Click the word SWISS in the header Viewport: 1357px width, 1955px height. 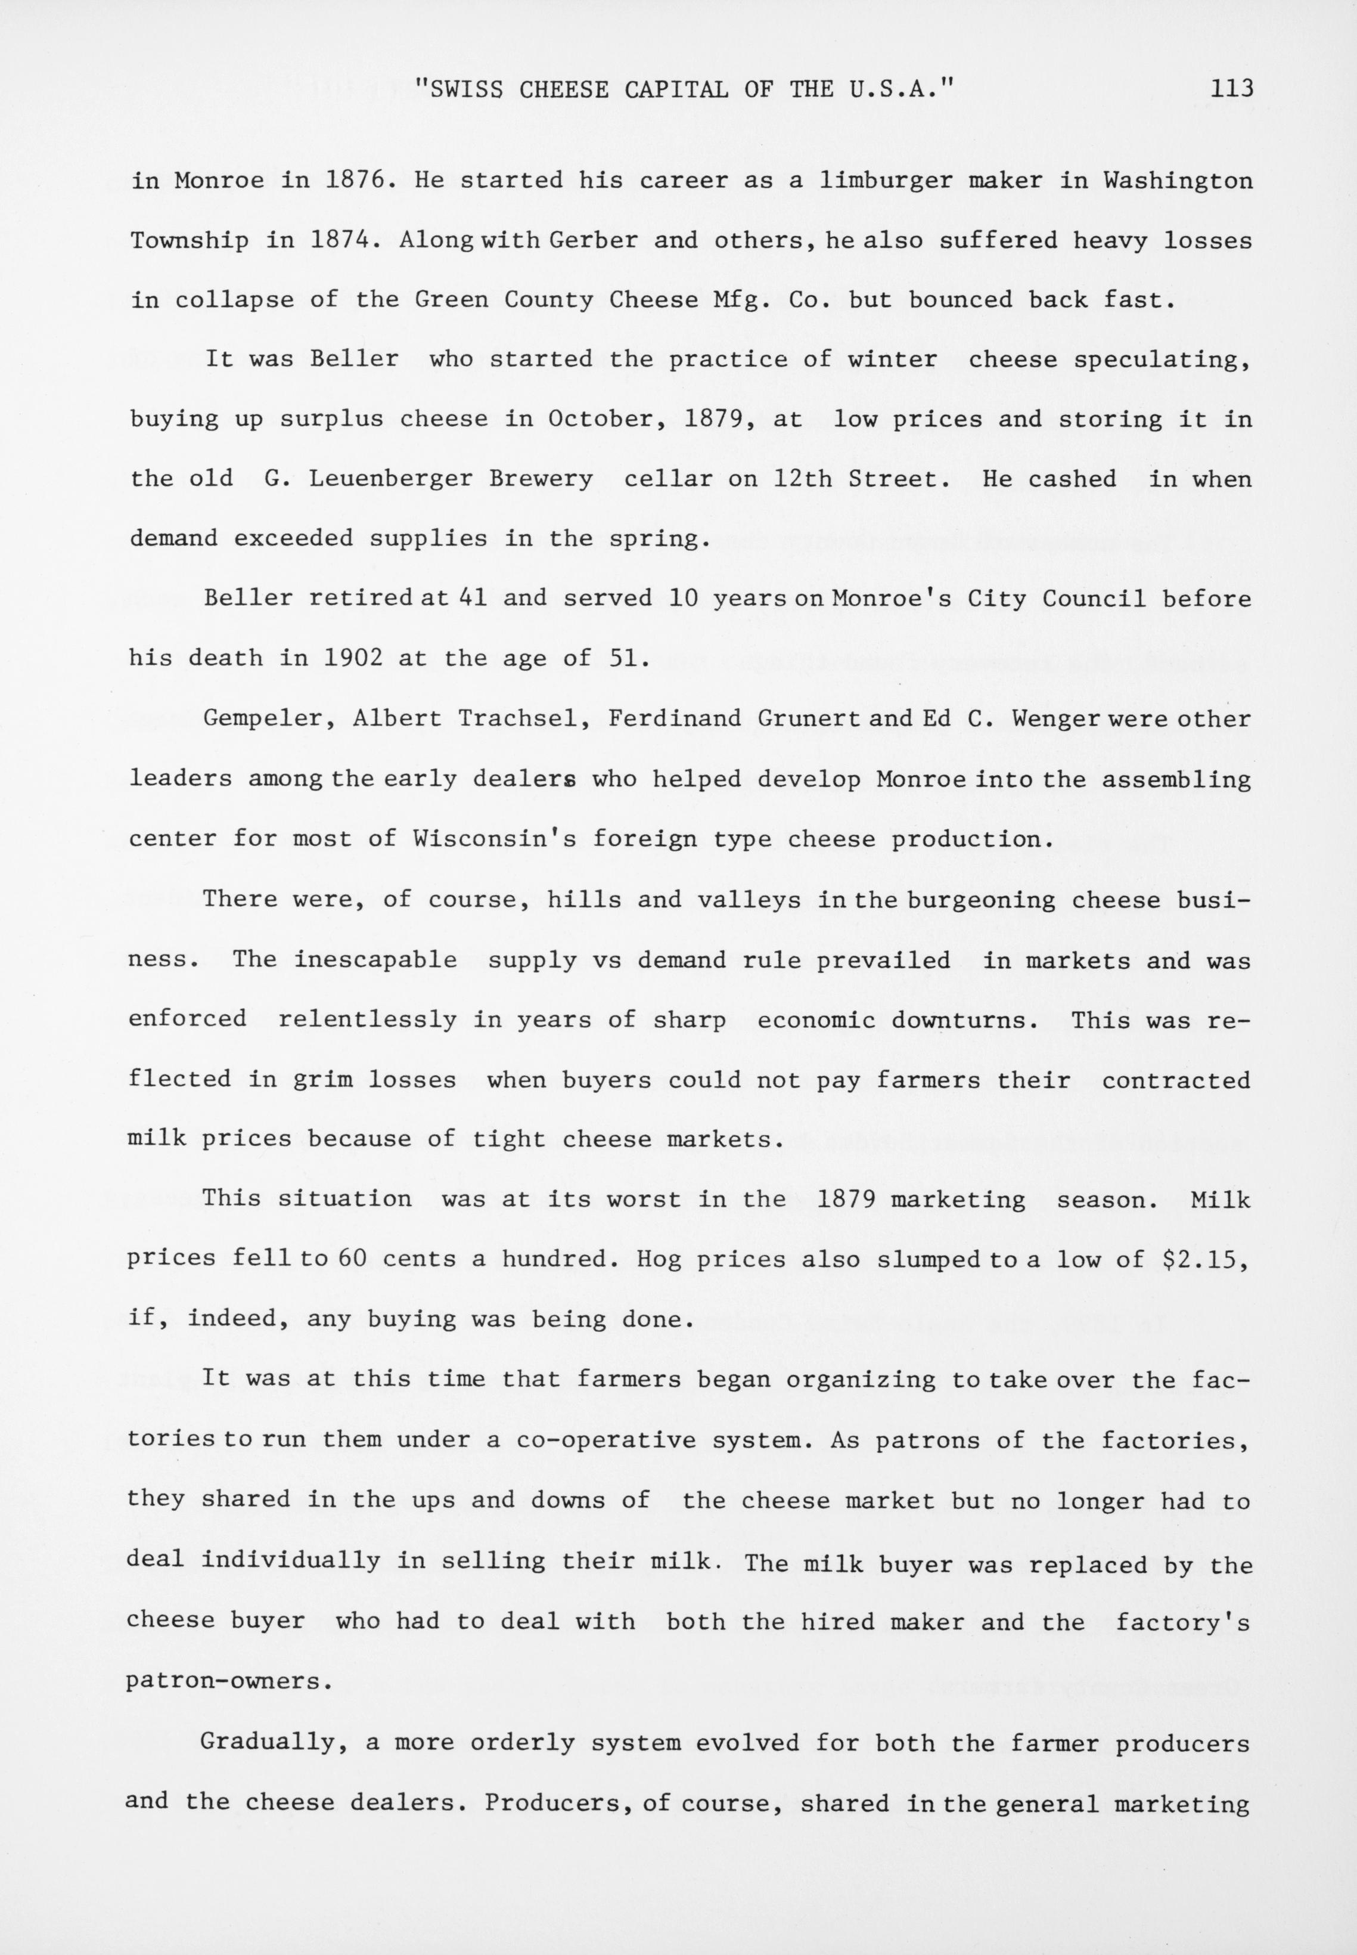(x=464, y=88)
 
